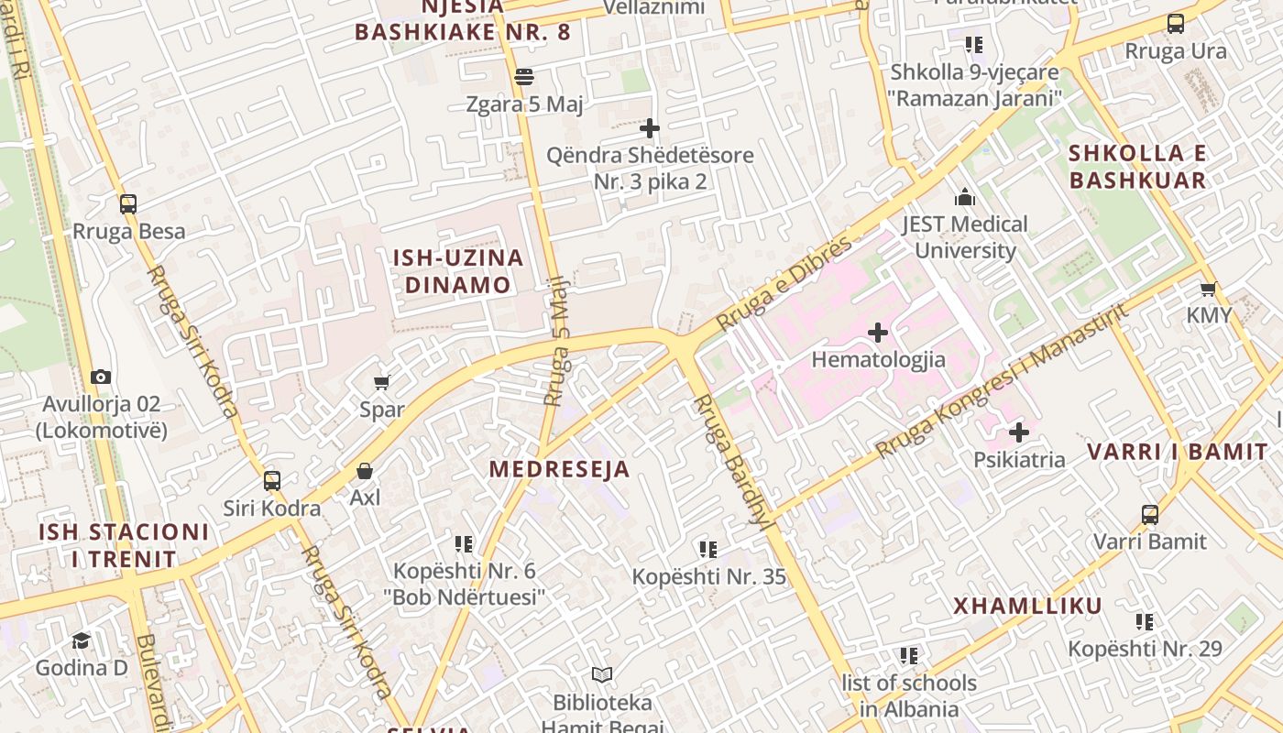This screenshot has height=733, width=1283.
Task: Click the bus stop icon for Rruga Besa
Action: click(128, 204)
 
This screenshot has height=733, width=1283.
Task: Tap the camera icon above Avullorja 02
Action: click(101, 377)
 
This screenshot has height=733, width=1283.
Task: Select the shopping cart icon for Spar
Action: click(381, 382)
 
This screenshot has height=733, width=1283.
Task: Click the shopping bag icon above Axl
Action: click(365, 471)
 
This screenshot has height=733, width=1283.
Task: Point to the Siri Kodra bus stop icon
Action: click(272, 480)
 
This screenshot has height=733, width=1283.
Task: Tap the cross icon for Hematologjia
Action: click(878, 332)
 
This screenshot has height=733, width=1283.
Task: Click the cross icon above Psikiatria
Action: click(1019, 432)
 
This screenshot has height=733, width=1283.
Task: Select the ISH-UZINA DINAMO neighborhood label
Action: click(458, 271)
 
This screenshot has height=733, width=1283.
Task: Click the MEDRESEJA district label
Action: click(559, 469)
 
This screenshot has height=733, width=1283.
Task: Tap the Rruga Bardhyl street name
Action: click(730, 463)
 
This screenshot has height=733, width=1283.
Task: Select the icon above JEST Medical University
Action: click(964, 197)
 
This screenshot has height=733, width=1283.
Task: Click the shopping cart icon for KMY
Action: click(1209, 289)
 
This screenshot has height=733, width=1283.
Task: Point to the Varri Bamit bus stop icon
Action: click(1150, 514)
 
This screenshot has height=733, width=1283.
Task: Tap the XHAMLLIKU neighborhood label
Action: click(1027, 606)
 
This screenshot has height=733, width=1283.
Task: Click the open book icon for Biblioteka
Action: click(602, 675)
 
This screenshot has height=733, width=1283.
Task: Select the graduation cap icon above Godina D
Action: click(82, 640)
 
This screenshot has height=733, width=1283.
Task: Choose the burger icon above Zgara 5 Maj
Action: click(524, 77)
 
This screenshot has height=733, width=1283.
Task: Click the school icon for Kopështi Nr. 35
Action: click(708, 549)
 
